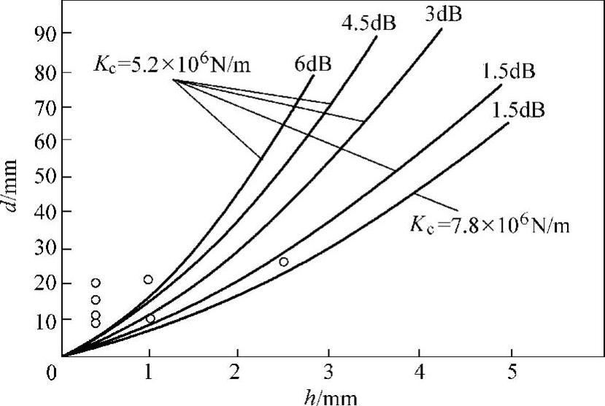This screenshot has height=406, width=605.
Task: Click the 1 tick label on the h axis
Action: click(x=149, y=372)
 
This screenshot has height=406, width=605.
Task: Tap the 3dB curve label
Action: click(x=444, y=14)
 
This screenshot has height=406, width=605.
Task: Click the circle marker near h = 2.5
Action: click(x=284, y=261)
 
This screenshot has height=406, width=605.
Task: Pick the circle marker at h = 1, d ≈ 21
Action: click(x=148, y=279)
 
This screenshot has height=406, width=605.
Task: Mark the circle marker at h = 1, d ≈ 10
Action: click(x=150, y=318)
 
